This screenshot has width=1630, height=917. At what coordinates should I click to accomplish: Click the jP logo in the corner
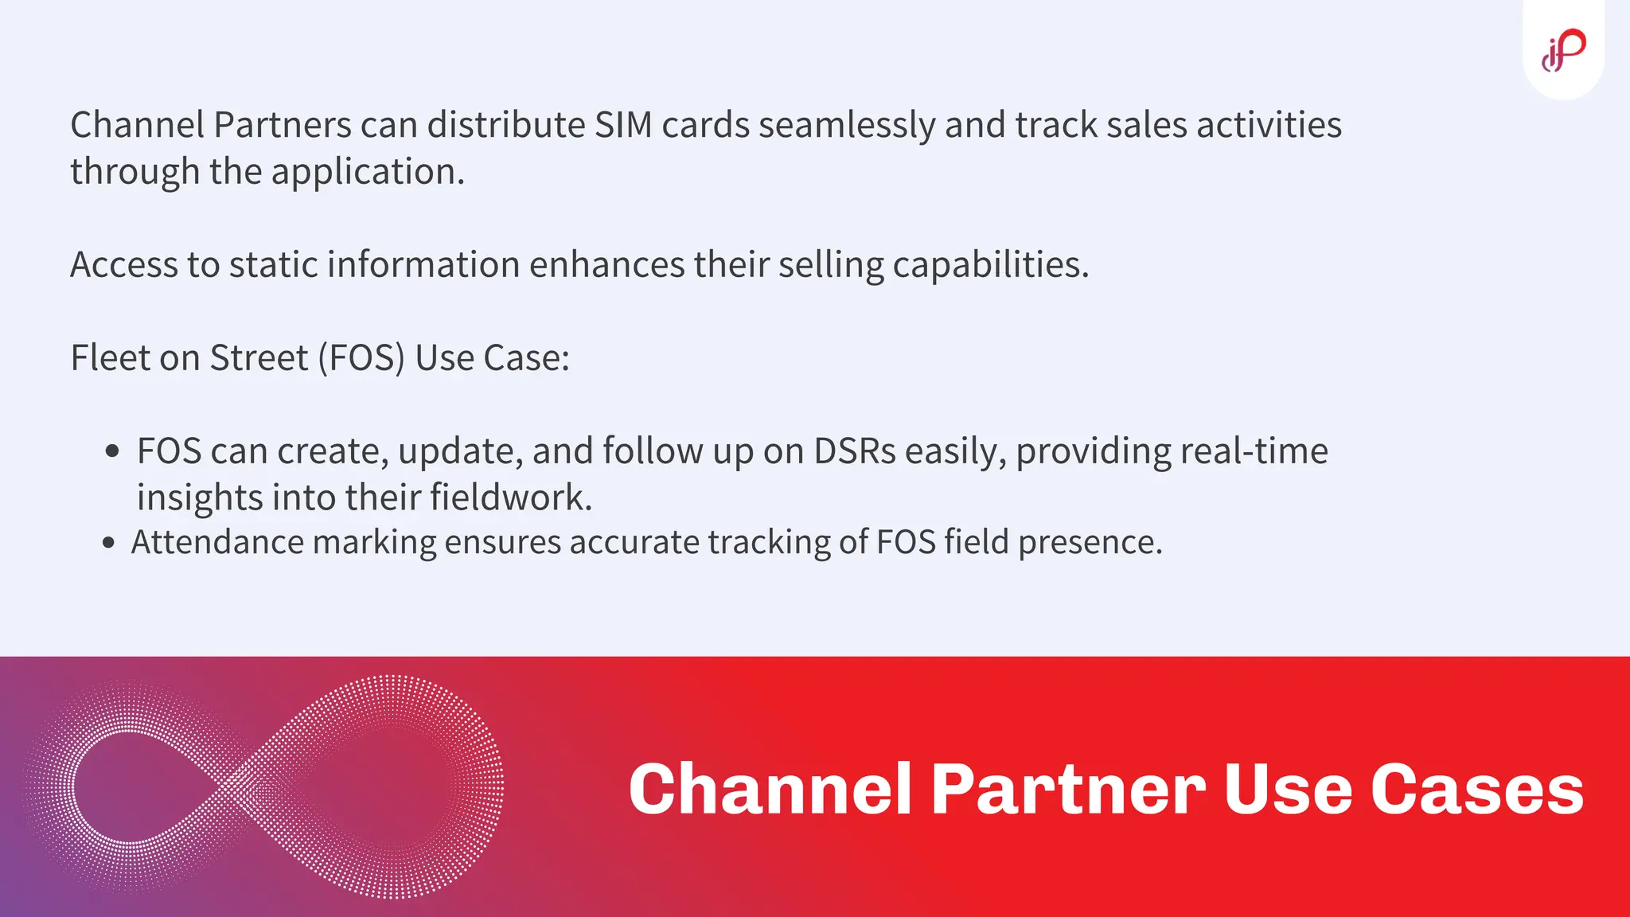pyautogui.click(x=1563, y=49)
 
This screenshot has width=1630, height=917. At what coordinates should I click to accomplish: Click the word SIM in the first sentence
pyautogui.click(x=623, y=125)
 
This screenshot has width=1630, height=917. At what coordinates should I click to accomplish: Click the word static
pyautogui.click(x=275, y=264)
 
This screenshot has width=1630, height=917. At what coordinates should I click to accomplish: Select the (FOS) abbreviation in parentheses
pyautogui.click(x=361, y=358)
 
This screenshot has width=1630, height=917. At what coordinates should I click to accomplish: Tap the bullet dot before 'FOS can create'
pyautogui.click(x=112, y=451)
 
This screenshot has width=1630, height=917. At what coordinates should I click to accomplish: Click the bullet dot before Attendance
pyautogui.click(x=109, y=544)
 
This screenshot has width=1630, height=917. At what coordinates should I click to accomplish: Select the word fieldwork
pyautogui.click(x=511, y=498)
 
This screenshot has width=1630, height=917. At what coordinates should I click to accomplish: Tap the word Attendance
pyautogui.click(x=217, y=542)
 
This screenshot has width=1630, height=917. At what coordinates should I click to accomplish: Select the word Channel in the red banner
pyautogui.click(x=770, y=789)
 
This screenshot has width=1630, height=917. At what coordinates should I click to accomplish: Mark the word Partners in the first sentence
pyautogui.click(x=283, y=125)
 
